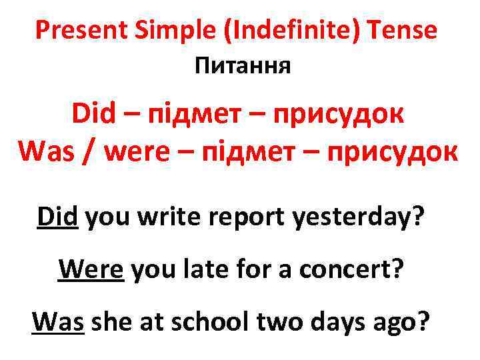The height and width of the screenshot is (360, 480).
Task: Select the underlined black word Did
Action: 58,215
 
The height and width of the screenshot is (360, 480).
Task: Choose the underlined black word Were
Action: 91,269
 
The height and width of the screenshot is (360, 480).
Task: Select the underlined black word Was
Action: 57,323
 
